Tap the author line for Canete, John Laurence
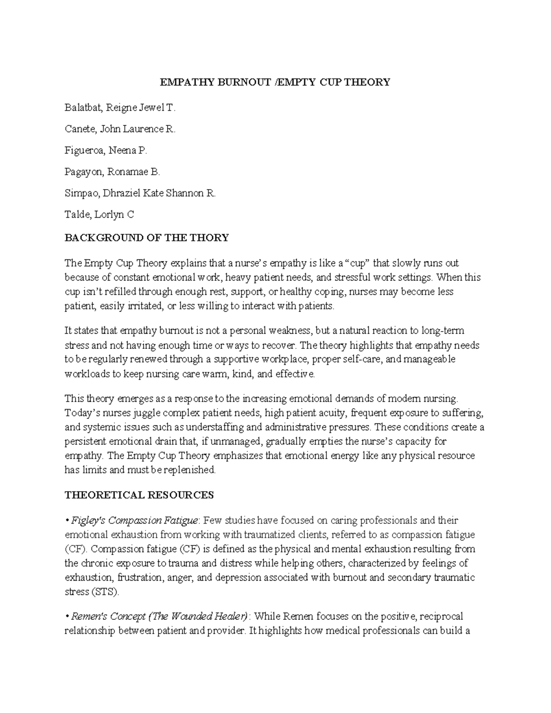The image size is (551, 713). [120, 129]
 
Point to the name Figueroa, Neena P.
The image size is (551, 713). [106, 150]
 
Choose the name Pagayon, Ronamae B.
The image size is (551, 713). [112, 172]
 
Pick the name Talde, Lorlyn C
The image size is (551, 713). [99, 214]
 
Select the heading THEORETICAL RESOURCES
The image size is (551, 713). [139, 495]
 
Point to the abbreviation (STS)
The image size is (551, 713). [105, 592]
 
